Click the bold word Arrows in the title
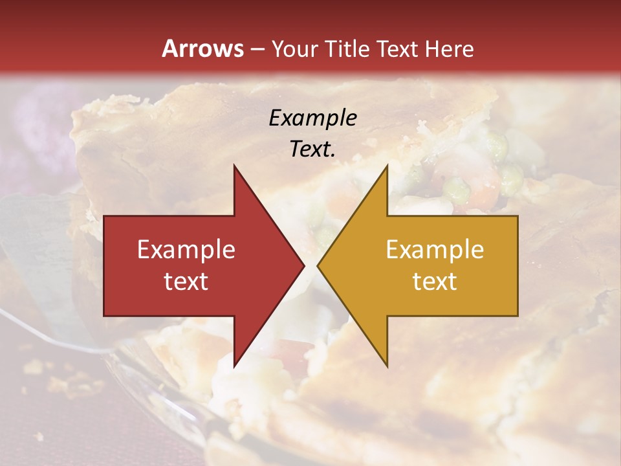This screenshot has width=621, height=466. (x=203, y=49)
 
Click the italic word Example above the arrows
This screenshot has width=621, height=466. (x=313, y=118)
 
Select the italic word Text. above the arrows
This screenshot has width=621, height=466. (x=313, y=149)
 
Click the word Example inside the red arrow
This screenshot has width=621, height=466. (x=186, y=250)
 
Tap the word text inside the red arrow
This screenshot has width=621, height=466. (x=186, y=282)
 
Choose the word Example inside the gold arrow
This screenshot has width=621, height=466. (x=435, y=250)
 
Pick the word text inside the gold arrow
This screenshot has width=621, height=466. (x=435, y=282)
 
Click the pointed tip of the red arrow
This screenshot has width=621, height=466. (x=305, y=266)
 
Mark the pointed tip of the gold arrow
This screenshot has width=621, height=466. (x=318, y=266)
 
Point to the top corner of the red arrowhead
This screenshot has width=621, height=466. (x=234, y=165)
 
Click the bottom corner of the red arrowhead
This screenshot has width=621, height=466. (x=234, y=367)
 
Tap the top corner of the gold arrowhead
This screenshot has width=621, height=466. (x=387, y=165)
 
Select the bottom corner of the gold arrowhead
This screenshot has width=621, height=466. (x=387, y=367)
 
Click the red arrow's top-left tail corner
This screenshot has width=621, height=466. (x=104, y=216)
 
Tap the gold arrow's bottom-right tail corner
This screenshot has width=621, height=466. (x=517, y=316)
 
